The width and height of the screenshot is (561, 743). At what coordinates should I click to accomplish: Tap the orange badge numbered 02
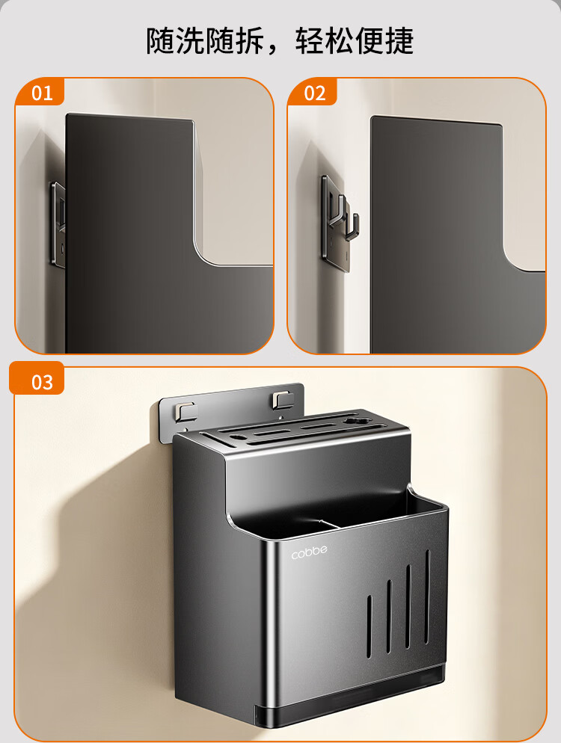point(313,92)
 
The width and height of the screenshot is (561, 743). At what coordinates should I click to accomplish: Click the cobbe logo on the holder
point(309,552)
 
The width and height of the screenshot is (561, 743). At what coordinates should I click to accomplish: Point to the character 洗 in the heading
point(190,41)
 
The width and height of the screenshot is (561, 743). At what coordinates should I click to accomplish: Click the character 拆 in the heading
point(249,41)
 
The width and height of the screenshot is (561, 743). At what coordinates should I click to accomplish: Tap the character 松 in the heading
point(339,41)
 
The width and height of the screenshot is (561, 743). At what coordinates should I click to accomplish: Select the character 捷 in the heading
point(399,41)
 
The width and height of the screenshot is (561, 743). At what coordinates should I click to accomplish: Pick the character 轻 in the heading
point(310,41)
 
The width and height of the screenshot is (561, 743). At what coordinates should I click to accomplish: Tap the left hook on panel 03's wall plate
point(185,411)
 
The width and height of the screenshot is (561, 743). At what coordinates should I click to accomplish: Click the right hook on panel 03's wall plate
point(282,401)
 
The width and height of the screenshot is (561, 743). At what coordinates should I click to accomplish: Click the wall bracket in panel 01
point(58,223)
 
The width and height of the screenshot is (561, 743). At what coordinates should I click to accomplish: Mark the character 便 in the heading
point(369,41)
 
